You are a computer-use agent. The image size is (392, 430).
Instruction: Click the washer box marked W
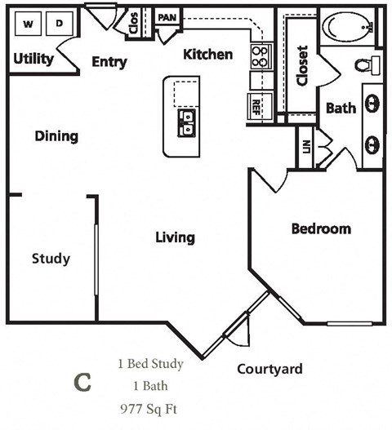pos(29,24)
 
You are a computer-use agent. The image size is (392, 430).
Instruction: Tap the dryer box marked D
pos(59,24)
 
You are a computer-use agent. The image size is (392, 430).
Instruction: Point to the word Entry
pos(109,62)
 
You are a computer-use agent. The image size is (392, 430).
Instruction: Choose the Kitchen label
pos(207,55)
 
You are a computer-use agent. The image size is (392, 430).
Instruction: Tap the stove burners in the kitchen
pos(260,55)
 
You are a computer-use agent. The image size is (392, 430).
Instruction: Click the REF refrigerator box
pos(256,104)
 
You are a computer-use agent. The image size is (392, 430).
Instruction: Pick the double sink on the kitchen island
pos(187,122)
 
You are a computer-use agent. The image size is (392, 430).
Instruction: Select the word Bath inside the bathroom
pos(341,108)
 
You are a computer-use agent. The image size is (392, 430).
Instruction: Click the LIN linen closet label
pos(307,147)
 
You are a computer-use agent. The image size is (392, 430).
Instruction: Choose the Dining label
pos(56,135)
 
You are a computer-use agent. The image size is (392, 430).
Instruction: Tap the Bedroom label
pos(321,228)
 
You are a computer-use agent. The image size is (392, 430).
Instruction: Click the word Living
pos(175,237)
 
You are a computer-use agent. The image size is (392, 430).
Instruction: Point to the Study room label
pos(51,259)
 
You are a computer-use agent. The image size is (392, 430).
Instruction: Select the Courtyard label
pos(269,369)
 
